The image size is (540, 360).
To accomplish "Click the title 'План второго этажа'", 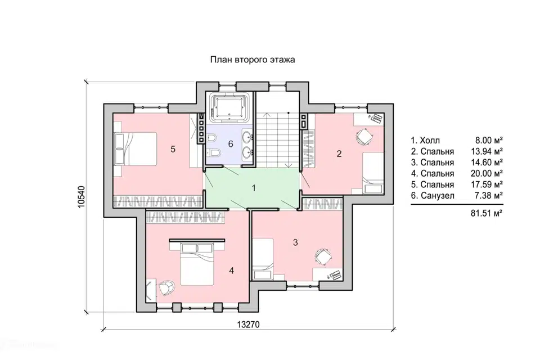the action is [x=253, y=60].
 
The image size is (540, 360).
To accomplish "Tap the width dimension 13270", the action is [x=248, y=325].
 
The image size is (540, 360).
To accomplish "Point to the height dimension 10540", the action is [x=81, y=197].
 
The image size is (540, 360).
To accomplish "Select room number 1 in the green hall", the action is [x=254, y=188].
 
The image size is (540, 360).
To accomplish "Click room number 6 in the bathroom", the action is [x=231, y=143].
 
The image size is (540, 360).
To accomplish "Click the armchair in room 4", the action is [x=166, y=287].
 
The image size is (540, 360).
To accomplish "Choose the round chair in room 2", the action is [x=363, y=137].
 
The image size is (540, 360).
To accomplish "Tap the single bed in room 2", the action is [x=373, y=173].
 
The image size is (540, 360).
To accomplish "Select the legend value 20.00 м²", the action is [x=487, y=173].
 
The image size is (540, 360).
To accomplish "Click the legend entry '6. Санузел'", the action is [x=433, y=196].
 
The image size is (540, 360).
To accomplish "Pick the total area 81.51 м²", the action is [x=487, y=213].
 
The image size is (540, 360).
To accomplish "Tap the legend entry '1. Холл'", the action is [x=425, y=140].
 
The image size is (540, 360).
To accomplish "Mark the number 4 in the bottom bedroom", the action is [x=231, y=271].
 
